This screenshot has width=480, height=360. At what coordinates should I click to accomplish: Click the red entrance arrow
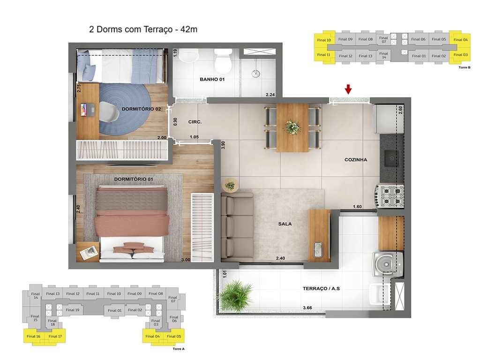[348, 89]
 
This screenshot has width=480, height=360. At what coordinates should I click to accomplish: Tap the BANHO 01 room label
[212, 80]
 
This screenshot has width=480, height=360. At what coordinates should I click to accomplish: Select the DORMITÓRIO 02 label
[142, 109]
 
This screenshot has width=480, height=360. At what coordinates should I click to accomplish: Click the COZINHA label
[356, 160]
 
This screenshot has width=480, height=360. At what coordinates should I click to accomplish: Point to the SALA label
[285, 224]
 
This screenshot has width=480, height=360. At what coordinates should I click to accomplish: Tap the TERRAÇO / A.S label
[321, 289]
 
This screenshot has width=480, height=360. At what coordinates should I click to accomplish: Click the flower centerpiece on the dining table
[292, 127]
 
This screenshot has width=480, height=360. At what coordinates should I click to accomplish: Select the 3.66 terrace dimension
[307, 308]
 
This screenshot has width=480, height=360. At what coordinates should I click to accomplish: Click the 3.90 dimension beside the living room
[224, 145]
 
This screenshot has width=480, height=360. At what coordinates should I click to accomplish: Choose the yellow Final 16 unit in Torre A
[33, 336]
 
